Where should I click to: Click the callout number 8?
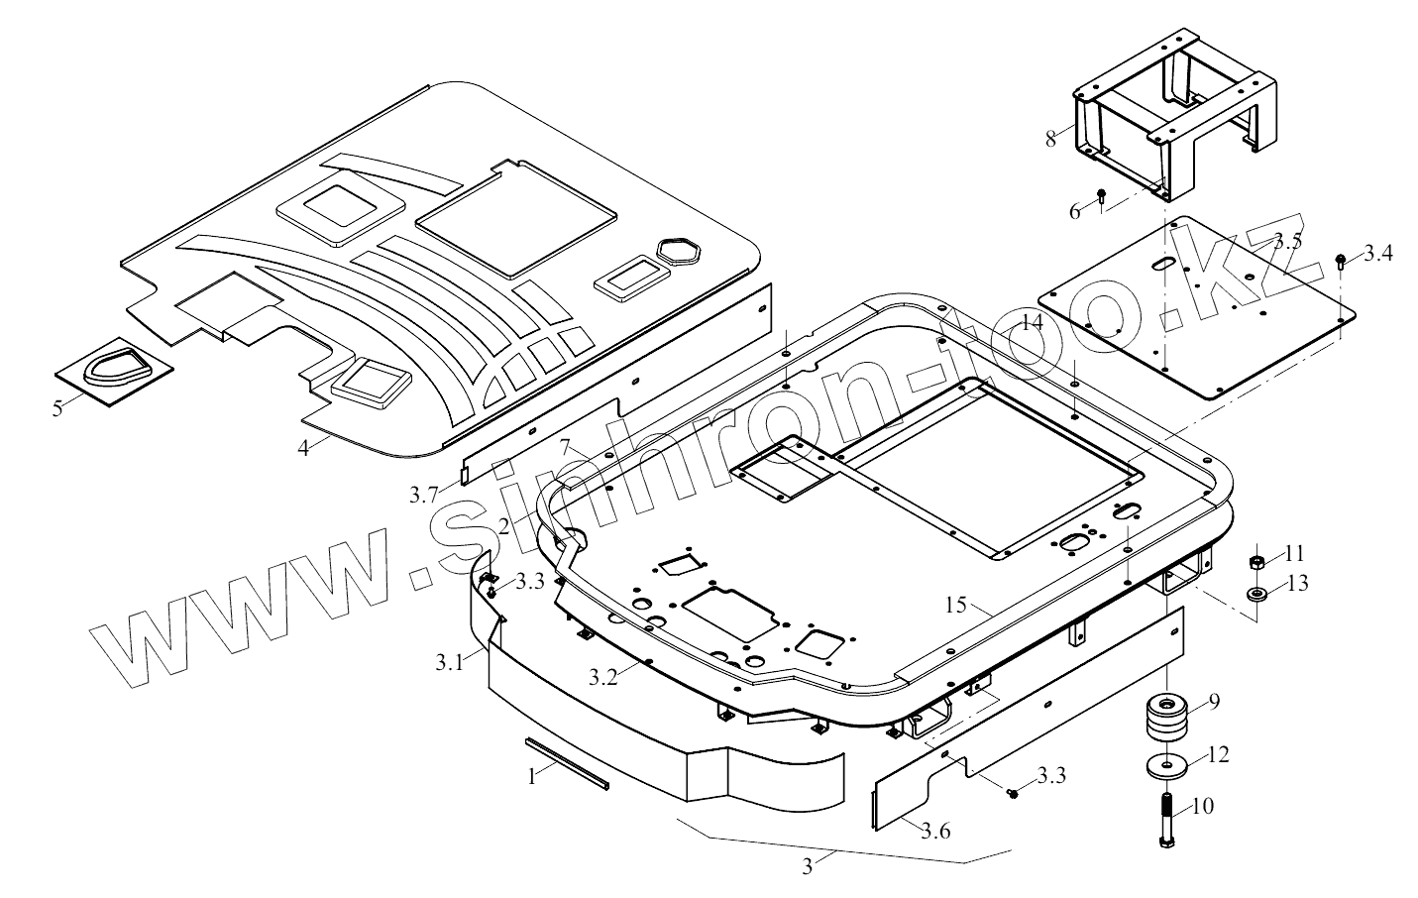pos(1050,138)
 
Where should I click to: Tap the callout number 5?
pos(57,406)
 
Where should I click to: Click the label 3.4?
pos(1376,254)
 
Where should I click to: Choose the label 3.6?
pos(934,831)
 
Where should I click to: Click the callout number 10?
pos(1202,806)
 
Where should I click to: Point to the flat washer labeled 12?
pos(1165,767)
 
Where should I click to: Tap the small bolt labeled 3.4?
pos(1341,261)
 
